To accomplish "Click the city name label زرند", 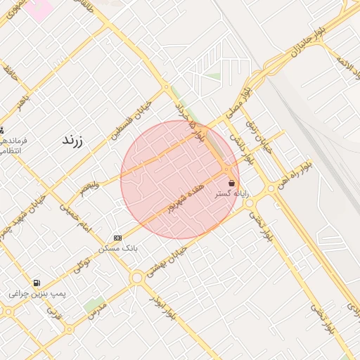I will [x=72, y=140].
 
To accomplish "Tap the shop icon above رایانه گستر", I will [x=231, y=183].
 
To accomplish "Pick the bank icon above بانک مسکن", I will [x=117, y=238].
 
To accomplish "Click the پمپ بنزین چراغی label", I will [x=37, y=292].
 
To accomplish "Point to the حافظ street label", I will [x=9, y=72].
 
